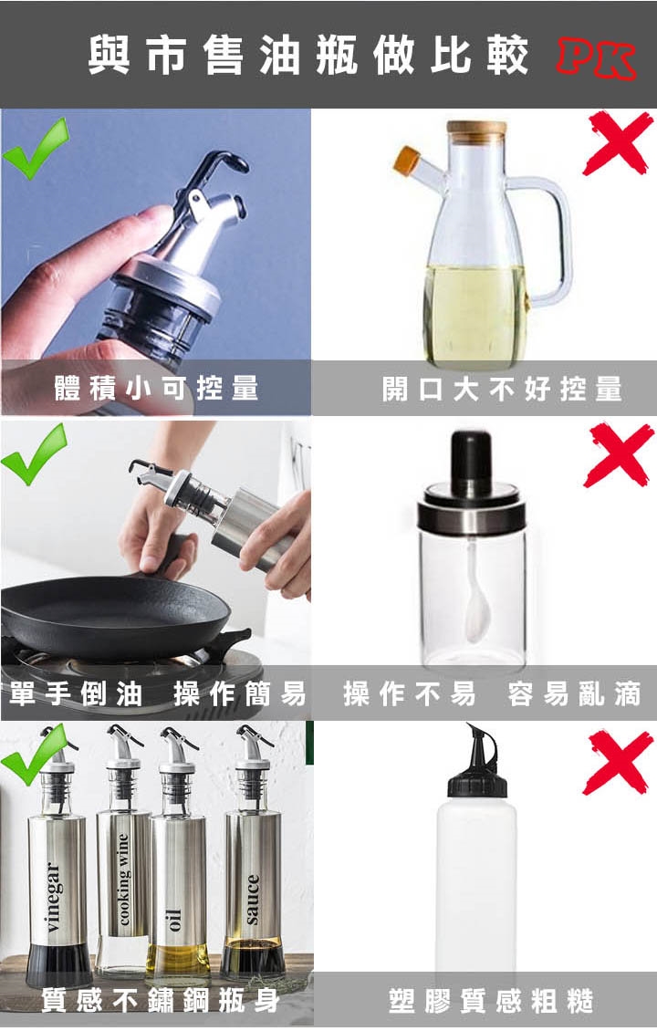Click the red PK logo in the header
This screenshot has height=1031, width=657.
click(x=597, y=59)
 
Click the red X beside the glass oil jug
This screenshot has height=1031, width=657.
click(x=619, y=142)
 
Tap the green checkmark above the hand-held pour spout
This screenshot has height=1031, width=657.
click(x=36, y=148)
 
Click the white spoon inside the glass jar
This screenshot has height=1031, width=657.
click(x=477, y=592)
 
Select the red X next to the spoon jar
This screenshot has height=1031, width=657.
click(x=619, y=455)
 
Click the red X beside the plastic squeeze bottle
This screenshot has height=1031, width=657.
click(x=619, y=762)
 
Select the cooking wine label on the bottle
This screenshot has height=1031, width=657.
click(x=123, y=880)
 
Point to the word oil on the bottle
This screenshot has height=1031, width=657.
click(x=173, y=920)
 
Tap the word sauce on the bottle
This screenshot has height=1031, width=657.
click(x=253, y=900)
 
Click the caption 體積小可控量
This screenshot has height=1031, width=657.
click(x=157, y=388)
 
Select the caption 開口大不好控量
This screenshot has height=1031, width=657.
click(x=502, y=390)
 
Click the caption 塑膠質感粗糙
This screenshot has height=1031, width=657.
click(x=491, y=1000)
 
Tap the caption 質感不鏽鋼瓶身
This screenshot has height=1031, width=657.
click(x=161, y=1000)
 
